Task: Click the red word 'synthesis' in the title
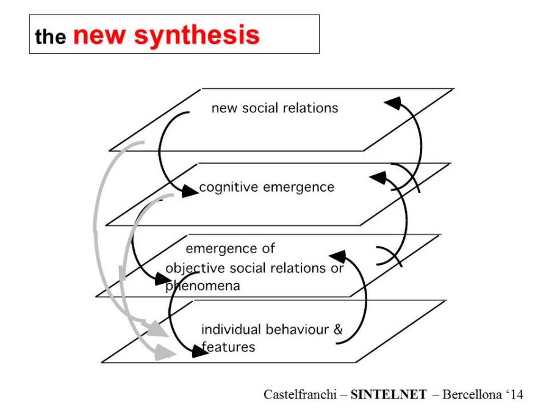(196, 35)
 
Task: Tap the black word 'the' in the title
(50, 37)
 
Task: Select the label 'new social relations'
(274, 109)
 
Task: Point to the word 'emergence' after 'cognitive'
(300, 187)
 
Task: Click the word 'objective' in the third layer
(195, 269)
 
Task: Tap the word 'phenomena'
(203, 286)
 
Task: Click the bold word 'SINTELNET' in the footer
(389, 394)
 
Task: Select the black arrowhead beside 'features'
(195, 351)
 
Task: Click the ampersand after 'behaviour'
(338, 330)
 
